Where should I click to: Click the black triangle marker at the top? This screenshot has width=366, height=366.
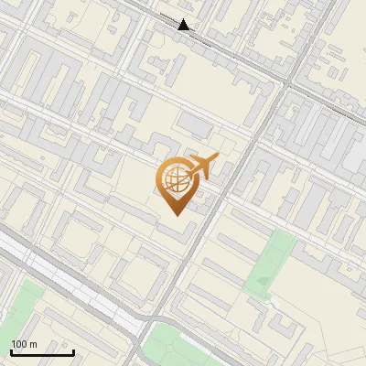click(x=185, y=25)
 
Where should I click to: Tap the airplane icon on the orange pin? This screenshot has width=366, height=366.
click(x=201, y=167)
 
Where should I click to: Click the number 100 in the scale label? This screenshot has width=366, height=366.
click(x=19, y=344)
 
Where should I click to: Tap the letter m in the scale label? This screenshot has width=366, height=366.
click(x=34, y=344)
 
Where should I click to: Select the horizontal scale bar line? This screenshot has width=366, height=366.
click(x=42, y=353)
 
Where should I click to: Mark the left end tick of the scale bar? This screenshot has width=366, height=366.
click(x=11, y=351)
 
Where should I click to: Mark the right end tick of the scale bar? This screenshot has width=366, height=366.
click(x=73, y=351)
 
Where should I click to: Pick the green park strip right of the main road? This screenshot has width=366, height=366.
click(x=273, y=261)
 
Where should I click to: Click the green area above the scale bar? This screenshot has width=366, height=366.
click(x=23, y=307)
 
